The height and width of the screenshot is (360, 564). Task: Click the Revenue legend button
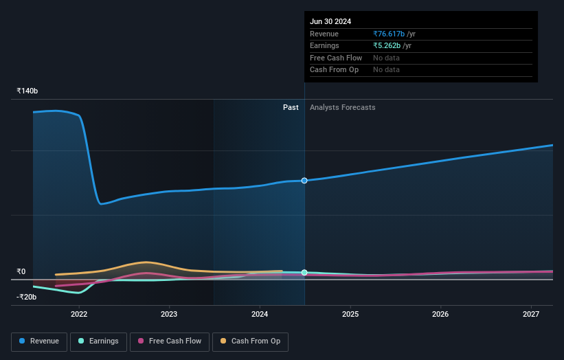(39, 341)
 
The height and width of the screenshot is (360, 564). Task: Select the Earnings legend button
(98, 341)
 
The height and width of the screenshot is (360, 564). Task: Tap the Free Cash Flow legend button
(170, 341)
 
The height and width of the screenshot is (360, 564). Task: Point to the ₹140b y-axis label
(27, 91)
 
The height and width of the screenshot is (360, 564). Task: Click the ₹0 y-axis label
(21, 271)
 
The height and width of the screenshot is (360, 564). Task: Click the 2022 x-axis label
(79, 315)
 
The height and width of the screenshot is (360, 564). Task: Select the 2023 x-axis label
(169, 315)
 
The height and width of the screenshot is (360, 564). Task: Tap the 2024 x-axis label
(260, 315)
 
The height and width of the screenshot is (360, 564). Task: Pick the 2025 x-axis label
(350, 315)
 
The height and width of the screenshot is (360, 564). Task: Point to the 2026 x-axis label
(440, 315)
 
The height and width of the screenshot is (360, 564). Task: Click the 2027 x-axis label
(531, 315)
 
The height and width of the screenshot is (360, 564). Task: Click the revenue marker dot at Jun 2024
(304, 181)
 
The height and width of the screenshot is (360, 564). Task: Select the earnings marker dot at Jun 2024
(304, 273)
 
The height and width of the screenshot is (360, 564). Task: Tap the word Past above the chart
(291, 107)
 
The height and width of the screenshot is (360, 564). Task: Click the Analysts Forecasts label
(343, 107)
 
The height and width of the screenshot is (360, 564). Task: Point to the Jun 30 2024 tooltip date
(330, 21)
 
